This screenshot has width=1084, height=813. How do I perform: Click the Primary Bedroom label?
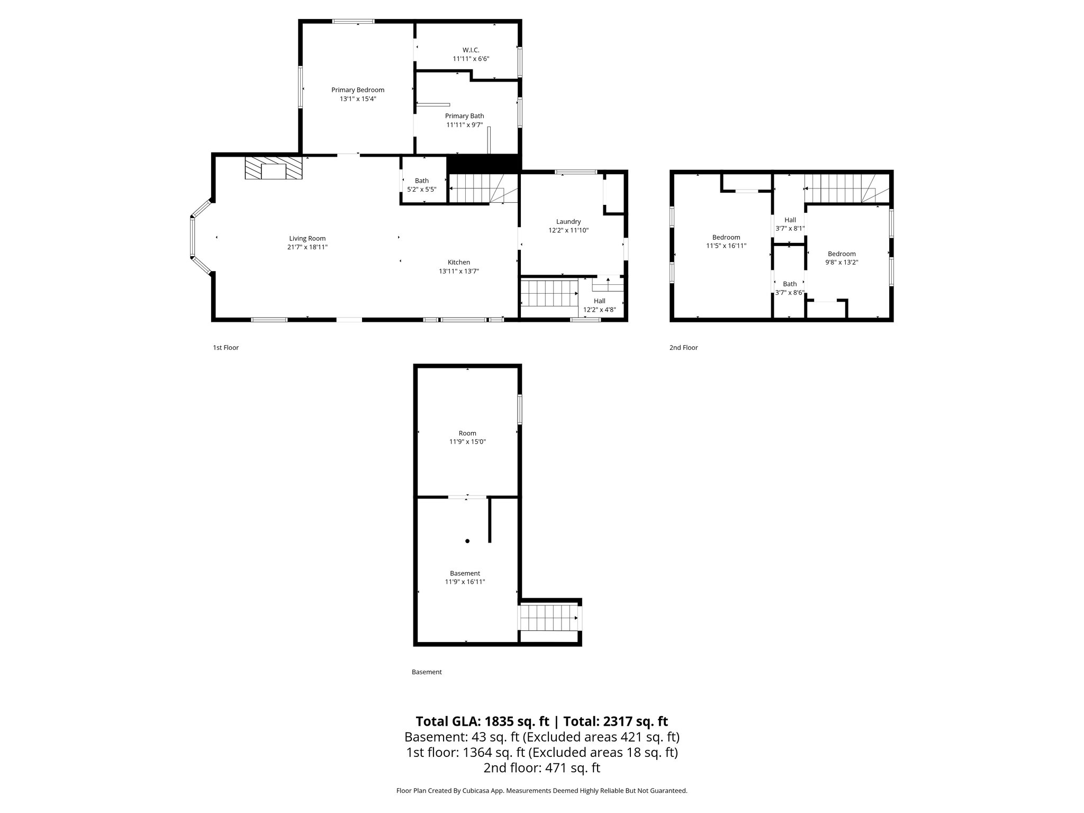click(x=358, y=90)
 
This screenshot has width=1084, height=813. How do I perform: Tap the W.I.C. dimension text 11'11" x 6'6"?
click(x=471, y=59)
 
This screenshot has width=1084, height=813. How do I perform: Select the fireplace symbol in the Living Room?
click(x=274, y=168)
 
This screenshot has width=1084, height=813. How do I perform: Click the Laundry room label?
click(x=568, y=222)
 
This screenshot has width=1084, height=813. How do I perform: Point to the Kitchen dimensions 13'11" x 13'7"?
click(x=458, y=271)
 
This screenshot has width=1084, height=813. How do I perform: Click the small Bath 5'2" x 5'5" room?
click(x=422, y=184)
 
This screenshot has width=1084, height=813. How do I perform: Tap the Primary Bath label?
click(x=464, y=116)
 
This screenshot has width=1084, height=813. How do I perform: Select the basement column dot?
click(x=467, y=541)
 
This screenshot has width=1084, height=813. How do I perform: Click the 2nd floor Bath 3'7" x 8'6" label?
click(x=790, y=284)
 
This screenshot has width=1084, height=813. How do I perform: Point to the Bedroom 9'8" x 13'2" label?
click(x=842, y=254)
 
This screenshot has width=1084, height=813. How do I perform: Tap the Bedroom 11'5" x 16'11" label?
click(x=726, y=238)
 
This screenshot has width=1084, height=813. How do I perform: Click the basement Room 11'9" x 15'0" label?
click(x=467, y=433)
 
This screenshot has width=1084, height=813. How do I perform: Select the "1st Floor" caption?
click(x=226, y=348)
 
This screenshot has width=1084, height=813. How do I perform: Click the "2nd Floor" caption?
click(x=683, y=348)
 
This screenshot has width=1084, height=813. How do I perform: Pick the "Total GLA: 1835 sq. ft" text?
click(x=483, y=721)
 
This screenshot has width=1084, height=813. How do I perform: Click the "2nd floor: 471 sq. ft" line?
click(x=541, y=768)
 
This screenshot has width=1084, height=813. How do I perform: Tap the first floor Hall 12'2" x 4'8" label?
click(x=599, y=301)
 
